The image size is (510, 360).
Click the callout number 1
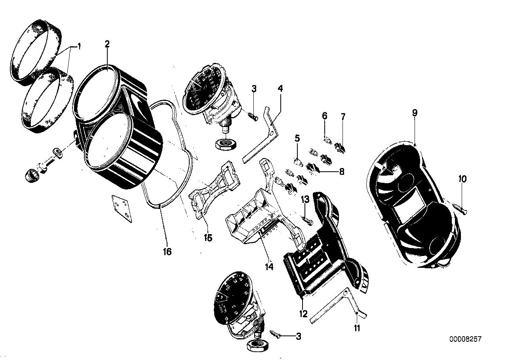tap(78, 47)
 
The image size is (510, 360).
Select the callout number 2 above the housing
tap(107, 44)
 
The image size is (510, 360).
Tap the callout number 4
tap(280, 89)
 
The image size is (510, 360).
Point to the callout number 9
tap(415, 113)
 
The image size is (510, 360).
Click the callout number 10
tap(463, 179)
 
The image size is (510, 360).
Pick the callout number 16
tap(167, 252)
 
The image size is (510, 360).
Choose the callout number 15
tap(208, 238)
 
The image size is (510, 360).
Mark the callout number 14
tap(269, 267)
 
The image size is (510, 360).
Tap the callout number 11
tap(358, 328)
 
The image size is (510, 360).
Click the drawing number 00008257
tap(465, 339)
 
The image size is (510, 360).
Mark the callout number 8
tap(341, 172)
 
